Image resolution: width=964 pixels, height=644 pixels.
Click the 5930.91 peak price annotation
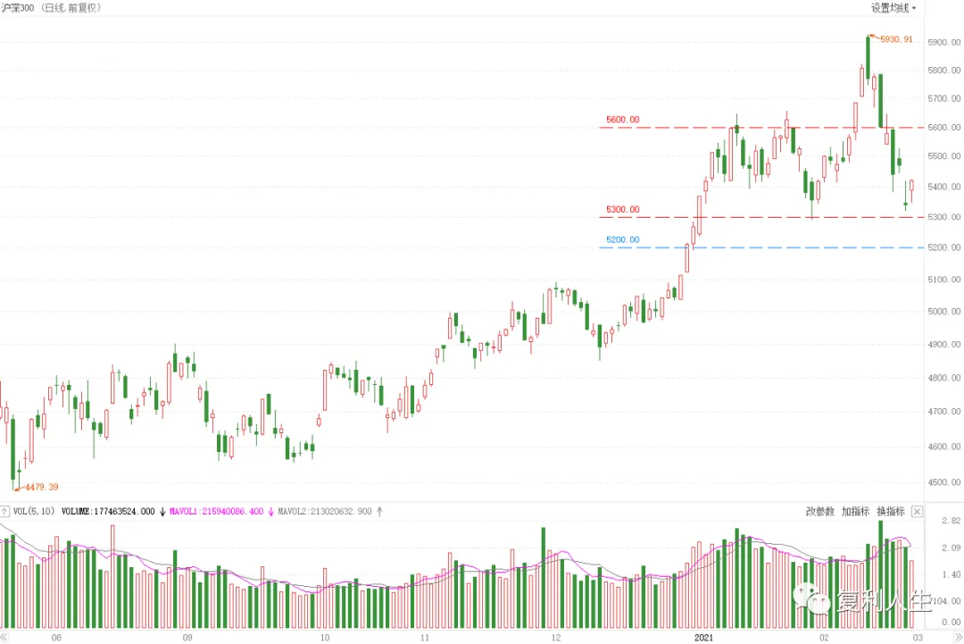pos(896,39)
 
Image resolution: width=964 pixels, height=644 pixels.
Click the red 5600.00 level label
pos(622,120)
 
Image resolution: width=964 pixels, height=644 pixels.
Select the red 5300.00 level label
pos(622,210)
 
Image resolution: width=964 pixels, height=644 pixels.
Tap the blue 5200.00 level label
pos(622,240)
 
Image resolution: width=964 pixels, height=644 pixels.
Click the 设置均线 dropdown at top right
pos(893,8)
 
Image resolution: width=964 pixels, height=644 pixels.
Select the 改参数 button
pos(819,512)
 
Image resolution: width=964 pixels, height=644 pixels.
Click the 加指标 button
pos(855,512)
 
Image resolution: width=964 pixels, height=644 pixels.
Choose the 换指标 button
pos(890,512)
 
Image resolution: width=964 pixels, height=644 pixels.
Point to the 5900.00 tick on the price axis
pos(943,43)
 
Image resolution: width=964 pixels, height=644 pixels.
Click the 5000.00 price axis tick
pos(943,312)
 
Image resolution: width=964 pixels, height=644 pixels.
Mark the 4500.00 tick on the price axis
pos(943,482)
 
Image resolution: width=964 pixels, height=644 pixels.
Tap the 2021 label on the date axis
pos(703,638)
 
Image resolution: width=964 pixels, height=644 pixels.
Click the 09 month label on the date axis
pos(187,638)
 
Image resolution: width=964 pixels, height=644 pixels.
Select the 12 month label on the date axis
pos(556,638)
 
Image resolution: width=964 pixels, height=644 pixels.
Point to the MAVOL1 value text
pos(216,512)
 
